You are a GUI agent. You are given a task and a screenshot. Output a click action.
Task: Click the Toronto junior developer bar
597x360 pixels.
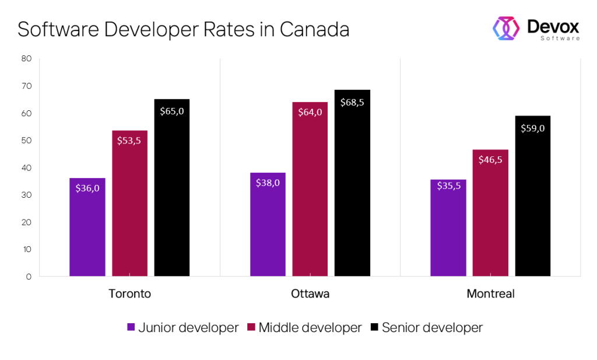pyautogui.click(x=87, y=228)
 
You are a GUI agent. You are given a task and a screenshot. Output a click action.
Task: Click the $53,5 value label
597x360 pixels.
pyautogui.click(x=129, y=141)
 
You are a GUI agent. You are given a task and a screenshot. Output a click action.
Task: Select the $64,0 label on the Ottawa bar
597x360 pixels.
pyautogui.click(x=310, y=113)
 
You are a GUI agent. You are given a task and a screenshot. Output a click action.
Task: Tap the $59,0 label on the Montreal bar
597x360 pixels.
pyautogui.click(x=533, y=128)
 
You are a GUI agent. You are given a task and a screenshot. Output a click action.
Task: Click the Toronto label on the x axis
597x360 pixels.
pyautogui.click(x=129, y=293)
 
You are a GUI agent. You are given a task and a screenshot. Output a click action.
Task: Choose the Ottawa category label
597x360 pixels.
pyautogui.click(x=310, y=293)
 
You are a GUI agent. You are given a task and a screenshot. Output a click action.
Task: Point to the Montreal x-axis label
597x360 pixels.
pyautogui.click(x=490, y=293)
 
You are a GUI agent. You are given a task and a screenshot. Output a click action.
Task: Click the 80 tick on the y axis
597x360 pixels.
pyautogui.click(x=26, y=58)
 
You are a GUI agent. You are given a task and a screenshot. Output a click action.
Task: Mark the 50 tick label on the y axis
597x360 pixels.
pyautogui.click(x=26, y=140)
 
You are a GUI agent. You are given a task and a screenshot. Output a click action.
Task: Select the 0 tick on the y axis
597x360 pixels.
pyautogui.click(x=29, y=277)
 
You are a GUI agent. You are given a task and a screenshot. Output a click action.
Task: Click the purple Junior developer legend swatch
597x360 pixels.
pyautogui.click(x=131, y=328)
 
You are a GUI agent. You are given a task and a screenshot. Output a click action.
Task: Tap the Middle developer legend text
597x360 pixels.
pyautogui.click(x=310, y=328)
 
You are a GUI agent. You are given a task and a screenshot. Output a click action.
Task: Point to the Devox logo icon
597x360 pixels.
pyautogui.click(x=506, y=28)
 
